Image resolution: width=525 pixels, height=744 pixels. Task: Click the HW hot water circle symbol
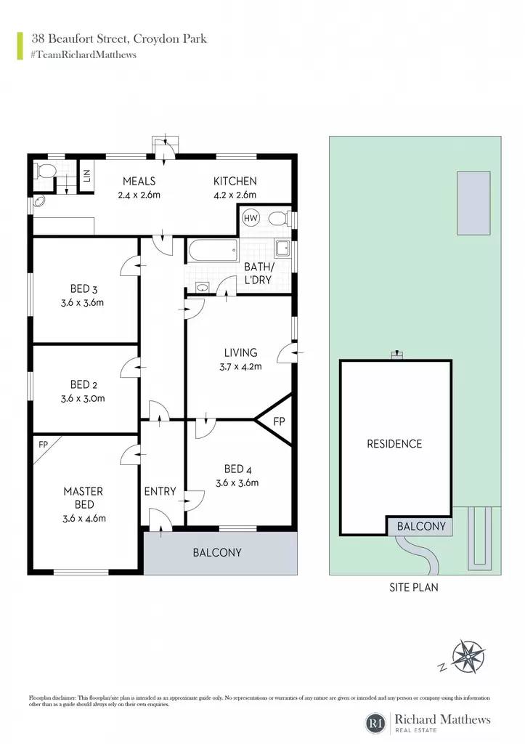tap(251, 218)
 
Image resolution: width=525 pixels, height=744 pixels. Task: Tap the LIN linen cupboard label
tap(87, 176)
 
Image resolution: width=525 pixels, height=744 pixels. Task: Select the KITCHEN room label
tap(235, 181)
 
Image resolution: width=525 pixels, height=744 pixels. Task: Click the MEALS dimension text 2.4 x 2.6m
tap(139, 195)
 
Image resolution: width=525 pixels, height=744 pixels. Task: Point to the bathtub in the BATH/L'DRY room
tap(213, 251)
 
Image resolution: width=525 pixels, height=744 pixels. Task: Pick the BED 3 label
tap(84, 288)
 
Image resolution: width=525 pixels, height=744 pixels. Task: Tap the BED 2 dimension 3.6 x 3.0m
tap(83, 399)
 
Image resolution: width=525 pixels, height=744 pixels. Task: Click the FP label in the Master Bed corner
tap(43, 445)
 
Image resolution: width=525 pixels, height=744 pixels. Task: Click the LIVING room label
tap(240, 352)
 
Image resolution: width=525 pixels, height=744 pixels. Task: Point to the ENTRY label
tap(160, 491)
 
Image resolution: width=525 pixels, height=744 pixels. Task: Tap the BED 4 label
tap(237, 469)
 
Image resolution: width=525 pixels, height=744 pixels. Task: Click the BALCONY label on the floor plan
tap(216, 552)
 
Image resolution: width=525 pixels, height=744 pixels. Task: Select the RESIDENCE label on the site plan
tap(394, 444)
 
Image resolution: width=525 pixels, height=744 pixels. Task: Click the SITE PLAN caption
tap(414, 587)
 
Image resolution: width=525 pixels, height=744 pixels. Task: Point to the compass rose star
tap(468, 657)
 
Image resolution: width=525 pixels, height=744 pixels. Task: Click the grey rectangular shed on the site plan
tap(473, 203)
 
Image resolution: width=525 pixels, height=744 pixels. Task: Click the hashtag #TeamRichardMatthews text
tap(84, 54)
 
